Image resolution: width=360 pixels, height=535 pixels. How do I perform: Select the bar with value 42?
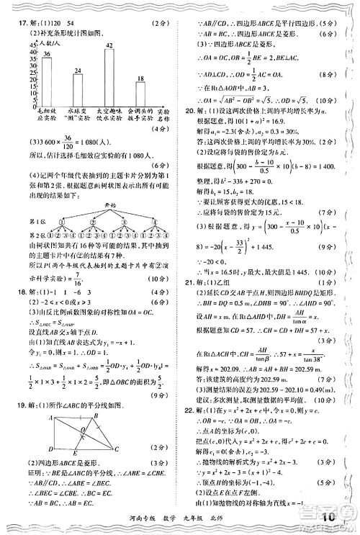click(x=109, y=76)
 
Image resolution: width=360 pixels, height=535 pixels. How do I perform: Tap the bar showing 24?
click(x=78, y=90)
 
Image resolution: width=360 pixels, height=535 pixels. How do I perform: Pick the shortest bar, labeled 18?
click(x=140, y=95)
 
